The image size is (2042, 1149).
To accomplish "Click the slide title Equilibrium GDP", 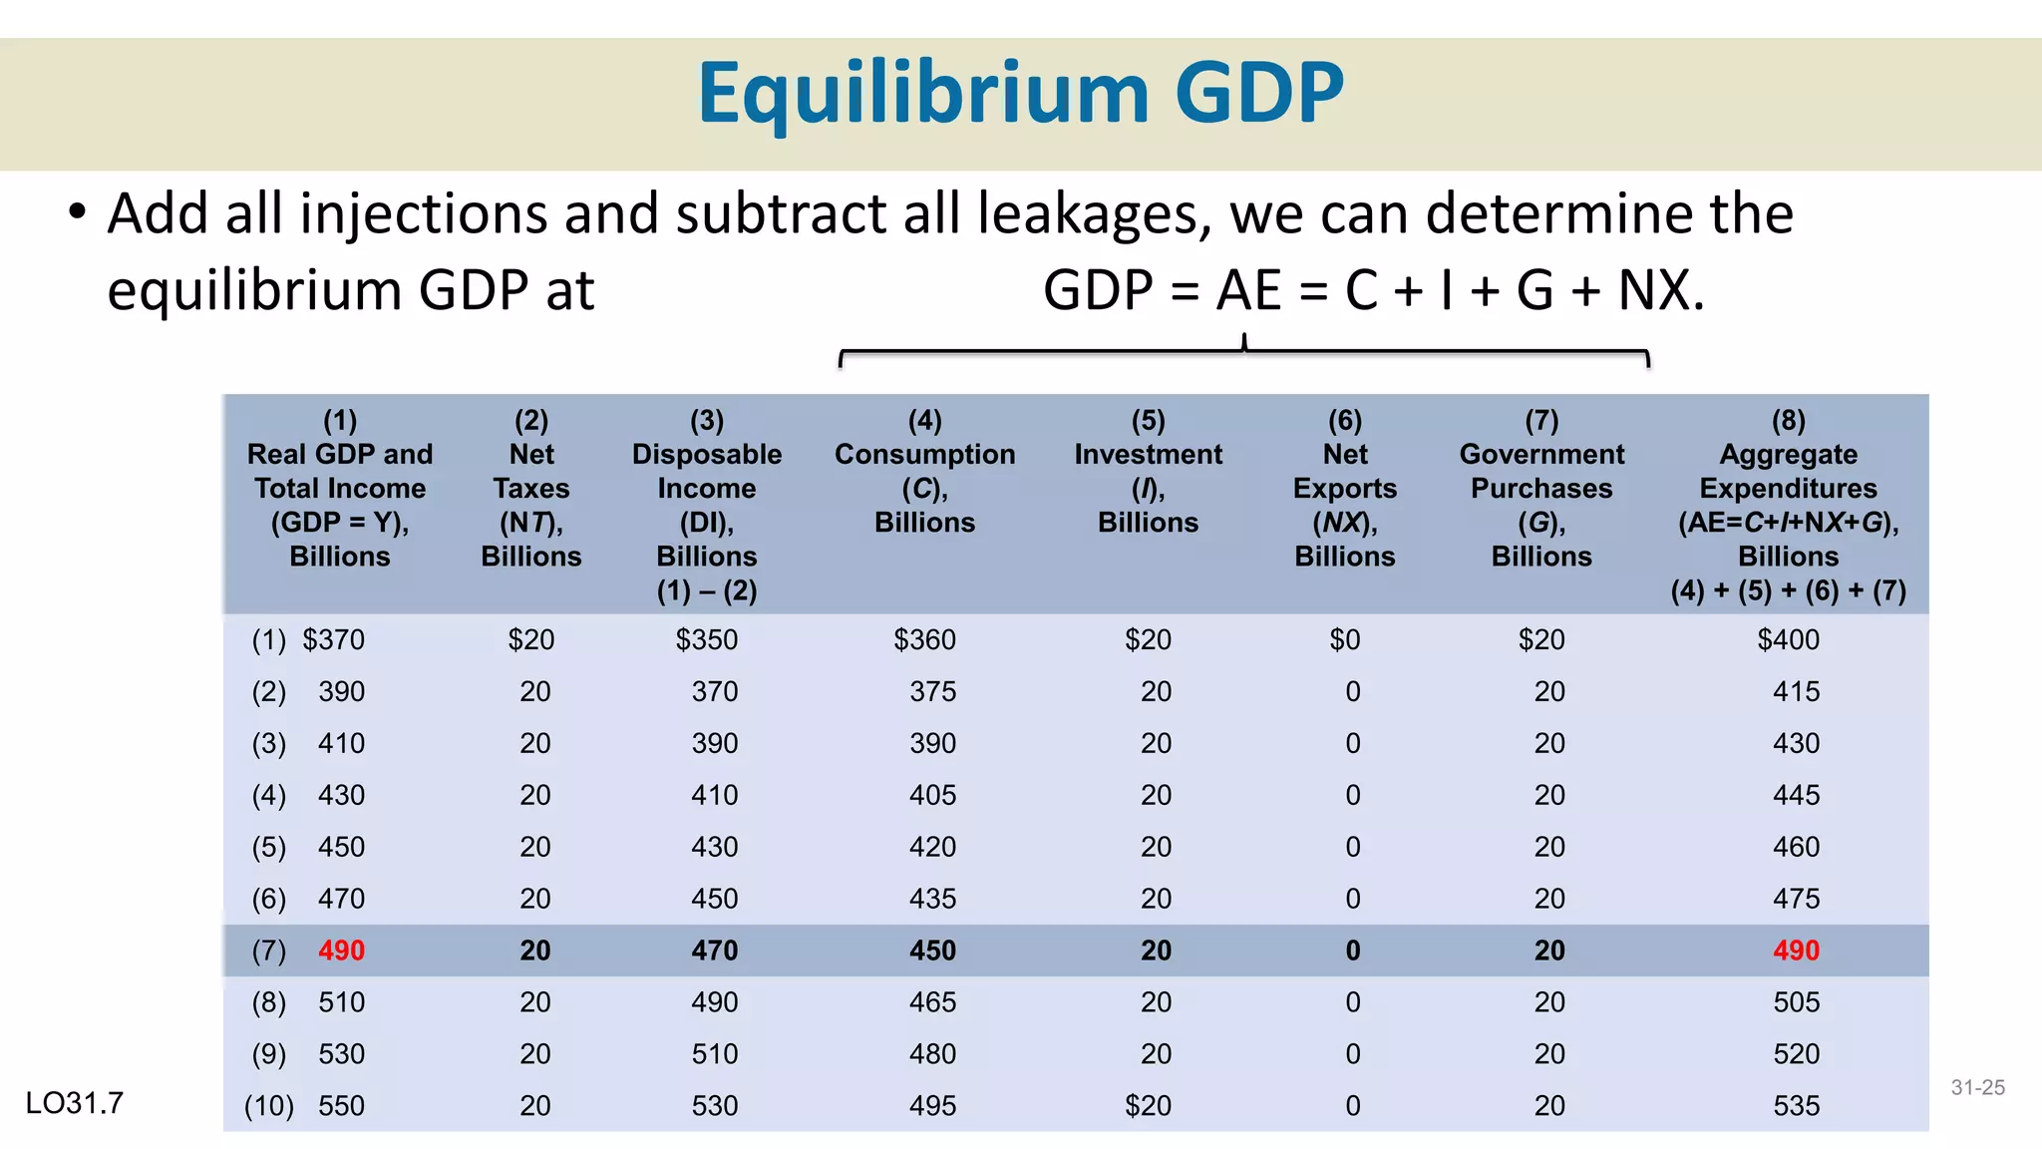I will click(1020, 93).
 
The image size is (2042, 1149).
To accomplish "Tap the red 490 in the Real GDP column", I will click(341, 951).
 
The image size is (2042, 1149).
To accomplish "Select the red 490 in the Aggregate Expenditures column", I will click(1796, 951).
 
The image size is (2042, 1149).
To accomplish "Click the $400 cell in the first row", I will click(1788, 639).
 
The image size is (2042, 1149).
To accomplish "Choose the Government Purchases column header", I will click(1541, 489).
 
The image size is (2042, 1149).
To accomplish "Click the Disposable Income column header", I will click(706, 506).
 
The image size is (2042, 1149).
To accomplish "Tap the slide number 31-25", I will click(1977, 1088).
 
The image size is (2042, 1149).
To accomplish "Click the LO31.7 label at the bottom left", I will click(75, 1103).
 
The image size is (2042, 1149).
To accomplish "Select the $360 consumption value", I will click(924, 639).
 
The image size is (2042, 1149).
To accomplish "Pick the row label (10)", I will click(268, 1106).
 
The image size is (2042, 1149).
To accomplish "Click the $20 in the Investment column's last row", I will click(1148, 1106).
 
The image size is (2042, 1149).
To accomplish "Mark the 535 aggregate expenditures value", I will click(1796, 1106).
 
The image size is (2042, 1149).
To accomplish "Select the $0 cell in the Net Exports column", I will click(1344, 639).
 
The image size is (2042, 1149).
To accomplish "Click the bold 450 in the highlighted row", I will click(932, 951).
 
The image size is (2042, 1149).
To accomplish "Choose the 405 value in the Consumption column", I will click(932, 795).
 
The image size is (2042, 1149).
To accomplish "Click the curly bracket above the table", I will click(1243, 352).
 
